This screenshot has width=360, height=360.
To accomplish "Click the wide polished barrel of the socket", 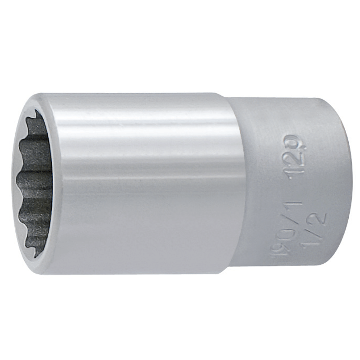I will pos(144,180).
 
